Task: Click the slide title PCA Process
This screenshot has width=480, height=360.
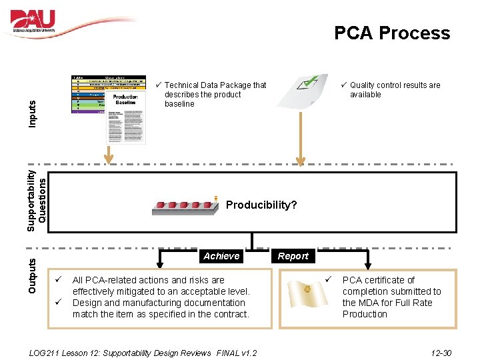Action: coord(392,33)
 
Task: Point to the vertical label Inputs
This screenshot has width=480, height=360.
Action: coord(33,113)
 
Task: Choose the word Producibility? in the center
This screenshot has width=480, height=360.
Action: coord(261,205)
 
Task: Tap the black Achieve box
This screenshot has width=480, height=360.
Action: coord(221,256)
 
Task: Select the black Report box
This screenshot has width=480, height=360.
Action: coord(293,256)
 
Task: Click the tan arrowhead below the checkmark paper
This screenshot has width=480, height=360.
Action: coord(301,160)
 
